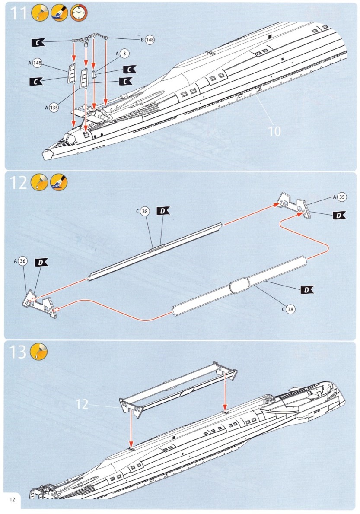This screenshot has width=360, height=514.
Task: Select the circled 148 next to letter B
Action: [150, 40]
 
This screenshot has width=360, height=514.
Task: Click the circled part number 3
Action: [124, 54]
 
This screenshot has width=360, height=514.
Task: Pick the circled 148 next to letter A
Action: [37, 63]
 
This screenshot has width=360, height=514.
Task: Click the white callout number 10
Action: [274, 130]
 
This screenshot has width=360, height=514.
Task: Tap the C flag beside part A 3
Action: [129, 69]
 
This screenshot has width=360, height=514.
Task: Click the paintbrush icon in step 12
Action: [59, 183]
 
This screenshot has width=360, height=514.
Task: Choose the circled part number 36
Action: [23, 261]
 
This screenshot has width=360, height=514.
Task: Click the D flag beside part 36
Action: [42, 262]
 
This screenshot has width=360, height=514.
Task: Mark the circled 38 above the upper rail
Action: [145, 212]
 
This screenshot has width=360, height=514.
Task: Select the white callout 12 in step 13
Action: [82, 404]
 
